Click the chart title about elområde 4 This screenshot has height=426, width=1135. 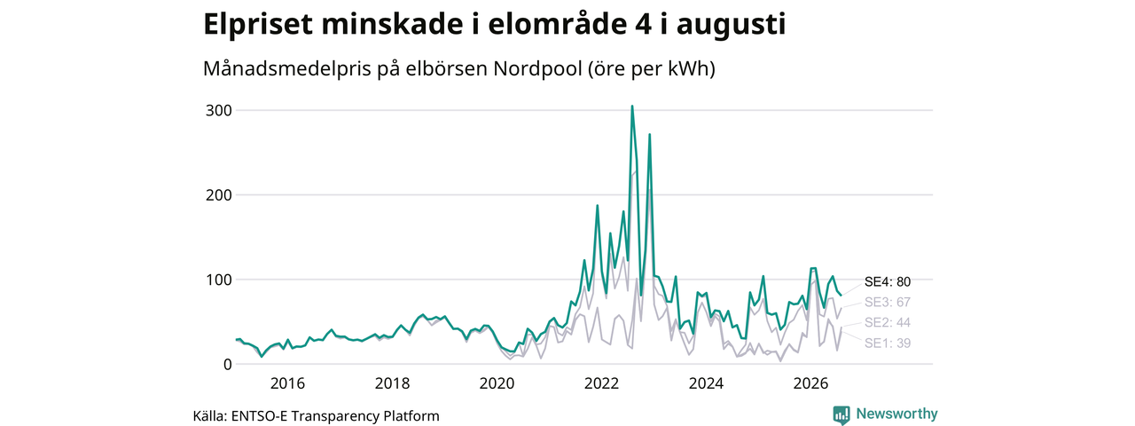click(495, 24)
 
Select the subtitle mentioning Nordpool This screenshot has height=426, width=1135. click(459, 68)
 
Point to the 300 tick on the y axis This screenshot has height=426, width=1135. click(218, 111)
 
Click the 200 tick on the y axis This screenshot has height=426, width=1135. click(218, 195)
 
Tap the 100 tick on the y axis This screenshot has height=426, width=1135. click(218, 280)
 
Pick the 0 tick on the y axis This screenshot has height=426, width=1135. click(227, 365)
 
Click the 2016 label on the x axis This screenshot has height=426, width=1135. click(288, 383)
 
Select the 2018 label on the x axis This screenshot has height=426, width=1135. click(392, 383)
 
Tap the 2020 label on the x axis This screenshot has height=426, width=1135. click(497, 383)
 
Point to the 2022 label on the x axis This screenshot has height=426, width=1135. click(601, 383)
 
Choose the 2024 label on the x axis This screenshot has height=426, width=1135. click(707, 383)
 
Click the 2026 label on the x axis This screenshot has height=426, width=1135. click(810, 383)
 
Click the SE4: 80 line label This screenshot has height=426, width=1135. click(888, 282)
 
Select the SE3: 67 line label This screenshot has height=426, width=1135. click(888, 303)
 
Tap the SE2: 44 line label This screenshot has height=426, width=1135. click(888, 322)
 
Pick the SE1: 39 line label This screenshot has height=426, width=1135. click(888, 343)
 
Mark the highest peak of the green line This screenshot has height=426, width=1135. click(632, 106)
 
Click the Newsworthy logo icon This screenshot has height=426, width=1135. click(841, 414)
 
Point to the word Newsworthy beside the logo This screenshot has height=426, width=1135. click(896, 414)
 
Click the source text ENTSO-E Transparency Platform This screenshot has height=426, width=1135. click(335, 416)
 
